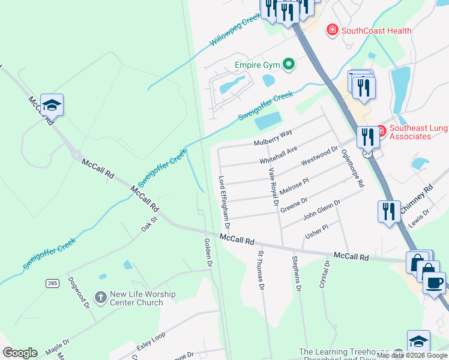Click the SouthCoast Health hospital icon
click(x=332, y=30)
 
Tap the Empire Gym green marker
click(x=289, y=63)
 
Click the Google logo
click(x=20, y=352)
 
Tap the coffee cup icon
click(x=434, y=282)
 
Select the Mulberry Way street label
click(x=273, y=137)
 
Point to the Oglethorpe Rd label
click(x=352, y=169)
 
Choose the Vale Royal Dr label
click(x=274, y=186)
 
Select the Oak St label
click(x=149, y=224)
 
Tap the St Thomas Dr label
click(x=261, y=270)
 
